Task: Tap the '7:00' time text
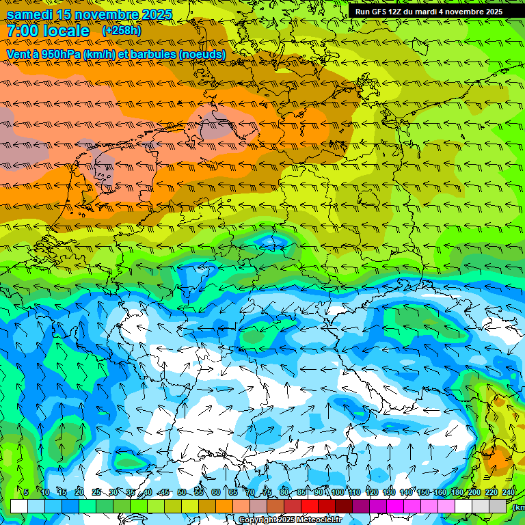pos(25,31)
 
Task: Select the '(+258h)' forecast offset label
pos(122,31)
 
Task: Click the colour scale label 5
pos(26,492)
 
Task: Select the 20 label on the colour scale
pos(79,492)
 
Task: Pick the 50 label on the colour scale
pos(182,492)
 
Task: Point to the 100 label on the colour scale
pos(337,492)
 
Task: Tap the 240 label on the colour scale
pos(508,492)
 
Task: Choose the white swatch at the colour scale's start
pos(19,506)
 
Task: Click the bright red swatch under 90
pos(310,506)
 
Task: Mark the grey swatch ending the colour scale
pos(498,506)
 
